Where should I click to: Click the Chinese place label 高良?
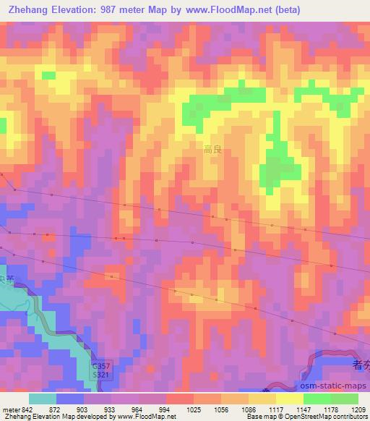(212, 150)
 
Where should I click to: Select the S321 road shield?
(102, 377)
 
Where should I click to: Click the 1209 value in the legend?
(359, 409)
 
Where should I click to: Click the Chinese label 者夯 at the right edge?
(361, 366)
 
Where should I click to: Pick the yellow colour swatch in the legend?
(289, 399)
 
